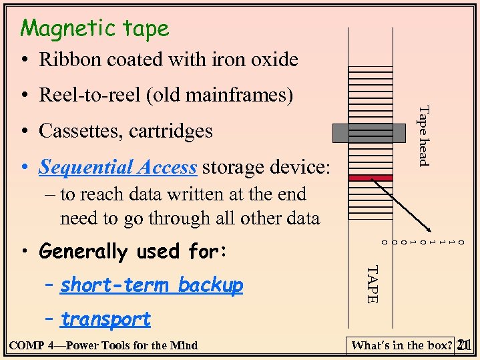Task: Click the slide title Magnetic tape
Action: [x=95, y=29]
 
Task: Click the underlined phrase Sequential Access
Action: [x=117, y=167]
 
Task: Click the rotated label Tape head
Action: [x=423, y=135]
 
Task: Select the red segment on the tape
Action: [x=371, y=178]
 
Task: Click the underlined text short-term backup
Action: [x=152, y=286]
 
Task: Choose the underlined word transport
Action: [x=105, y=319]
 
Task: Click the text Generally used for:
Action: [x=134, y=252]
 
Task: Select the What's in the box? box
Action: [x=401, y=345]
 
